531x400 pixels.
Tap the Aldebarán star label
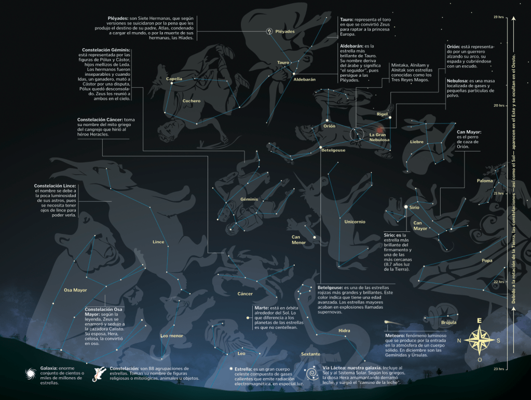click(x=304, y=79)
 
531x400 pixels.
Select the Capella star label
click(x=174, y=79)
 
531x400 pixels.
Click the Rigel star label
click(x=383, y=114)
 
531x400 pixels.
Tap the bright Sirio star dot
click(x=405, y=207)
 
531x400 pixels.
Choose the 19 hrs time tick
click(x=499, y=17)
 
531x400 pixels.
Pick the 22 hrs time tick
click(x=499, y=282)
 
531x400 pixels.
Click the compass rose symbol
click(x=479, y=340)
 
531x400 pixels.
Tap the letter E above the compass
click(x=479, y=321)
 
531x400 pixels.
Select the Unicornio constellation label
click(x=355, y=222)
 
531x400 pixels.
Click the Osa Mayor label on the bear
click(x=75, y=290)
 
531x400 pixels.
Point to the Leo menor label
click(x=172, y=336)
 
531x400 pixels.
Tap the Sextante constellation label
click(x=310, y=354)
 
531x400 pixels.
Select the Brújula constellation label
click(x=448, y=322)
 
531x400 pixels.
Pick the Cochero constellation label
click(x=191, y=101)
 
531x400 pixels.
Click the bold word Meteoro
click(x=396, y=335)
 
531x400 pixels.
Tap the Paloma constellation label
click(x=485, y=181)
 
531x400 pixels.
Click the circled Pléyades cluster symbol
click(x=269, y=31)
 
